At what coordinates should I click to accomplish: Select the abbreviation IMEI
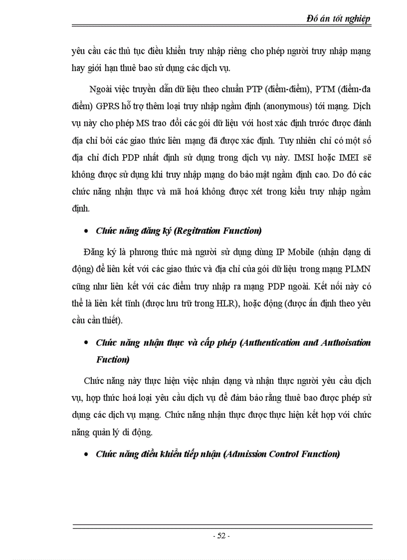[x=354, y=157]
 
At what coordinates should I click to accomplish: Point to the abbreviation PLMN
[x=358, y=270]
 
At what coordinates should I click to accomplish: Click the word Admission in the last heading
[x=246, y=454]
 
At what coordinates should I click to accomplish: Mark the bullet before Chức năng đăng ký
[x=87, y=231]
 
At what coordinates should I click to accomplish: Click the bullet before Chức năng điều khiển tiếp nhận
[x=87, y=455]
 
